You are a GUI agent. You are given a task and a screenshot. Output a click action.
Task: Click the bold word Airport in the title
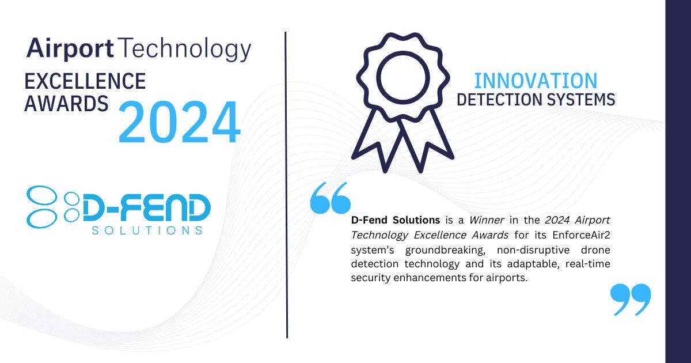pyautogui.click(x=70, y=49)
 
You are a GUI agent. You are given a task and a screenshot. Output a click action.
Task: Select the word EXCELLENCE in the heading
pyautogui.click(x=85, y=81)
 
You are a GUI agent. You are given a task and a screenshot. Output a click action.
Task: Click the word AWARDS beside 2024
pyautogui.click(x=66, y=104)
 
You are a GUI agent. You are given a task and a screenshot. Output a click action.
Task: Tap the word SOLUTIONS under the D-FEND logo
pyautogui.click(x=147, y=230)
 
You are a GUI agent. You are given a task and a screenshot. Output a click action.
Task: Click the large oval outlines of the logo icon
pyautogui.click(x=42, y=206)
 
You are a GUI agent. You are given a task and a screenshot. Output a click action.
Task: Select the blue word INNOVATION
pyautogui.click(x=535, y=81)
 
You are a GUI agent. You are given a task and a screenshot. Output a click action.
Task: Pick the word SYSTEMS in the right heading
pyautogui.click(x=580, y=100)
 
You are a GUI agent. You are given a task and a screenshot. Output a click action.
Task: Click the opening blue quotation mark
pyautogui.click(x=330, y=198)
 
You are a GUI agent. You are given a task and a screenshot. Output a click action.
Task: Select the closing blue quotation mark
pyautogui.click(x=630, y=299)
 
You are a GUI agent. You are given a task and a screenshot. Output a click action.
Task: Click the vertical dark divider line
pyautogui.click(x=287, y=184)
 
